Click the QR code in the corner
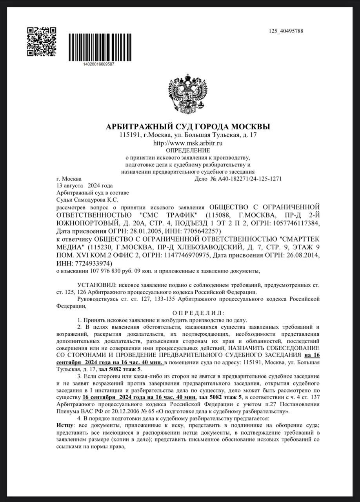42,42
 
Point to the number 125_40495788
286,31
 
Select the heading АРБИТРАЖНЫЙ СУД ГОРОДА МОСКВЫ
188,127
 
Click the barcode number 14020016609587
99,64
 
